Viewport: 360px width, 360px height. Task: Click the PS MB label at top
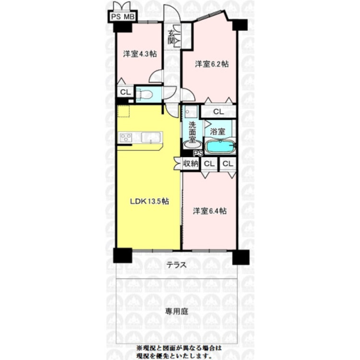click(123, 17)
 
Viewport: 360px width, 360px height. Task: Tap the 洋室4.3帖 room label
click(139, 54)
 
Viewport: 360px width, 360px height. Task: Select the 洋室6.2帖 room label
click(211, 63)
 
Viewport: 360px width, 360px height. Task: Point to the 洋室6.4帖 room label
click(210, 211)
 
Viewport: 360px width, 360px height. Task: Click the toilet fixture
click(145, 95)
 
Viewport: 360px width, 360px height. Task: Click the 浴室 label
click(218, 130)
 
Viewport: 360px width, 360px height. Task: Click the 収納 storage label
click(191, 164)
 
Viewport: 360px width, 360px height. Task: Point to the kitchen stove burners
click(126, 138)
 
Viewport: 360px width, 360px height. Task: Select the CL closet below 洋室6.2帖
click(218, 111)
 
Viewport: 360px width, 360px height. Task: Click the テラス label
click(177, 264)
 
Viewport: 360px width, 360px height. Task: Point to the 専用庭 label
click(177, 311)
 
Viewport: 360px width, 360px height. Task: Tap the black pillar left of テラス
click(122, 255)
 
